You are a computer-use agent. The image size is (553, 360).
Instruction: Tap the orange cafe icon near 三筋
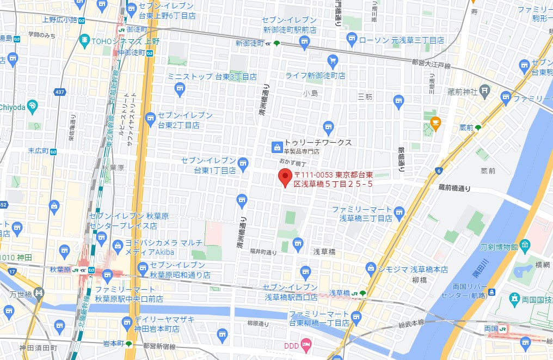(435, 124)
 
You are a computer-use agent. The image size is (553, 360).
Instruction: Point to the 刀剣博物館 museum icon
(525, 245)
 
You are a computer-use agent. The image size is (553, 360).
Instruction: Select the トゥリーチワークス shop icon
(276, 147)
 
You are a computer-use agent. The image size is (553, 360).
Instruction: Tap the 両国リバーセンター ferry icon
(491, 292)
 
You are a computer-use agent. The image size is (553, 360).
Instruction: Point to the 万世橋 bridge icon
(38, 294)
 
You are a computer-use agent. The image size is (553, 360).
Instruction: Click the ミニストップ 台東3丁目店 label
(212, 77)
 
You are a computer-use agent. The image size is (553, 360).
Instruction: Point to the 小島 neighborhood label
(311, 94)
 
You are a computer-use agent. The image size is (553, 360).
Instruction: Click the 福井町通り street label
(263, 252)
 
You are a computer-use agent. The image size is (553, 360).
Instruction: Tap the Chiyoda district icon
(32, 105)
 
